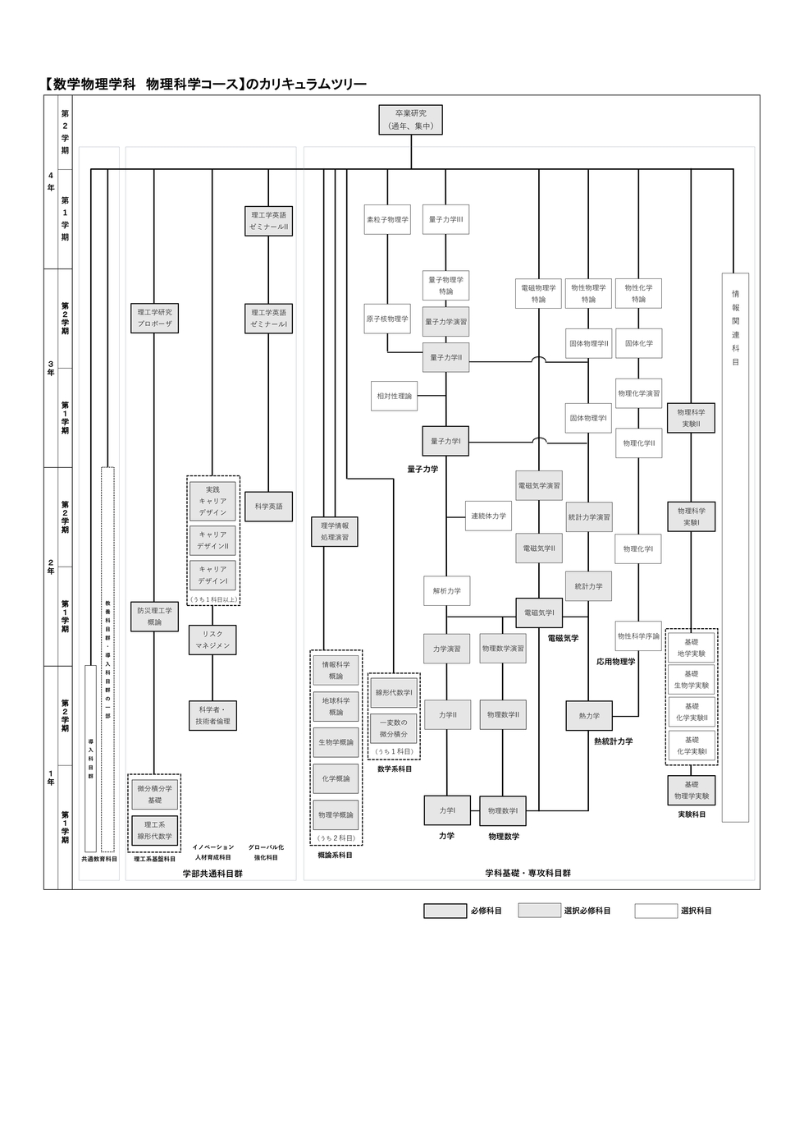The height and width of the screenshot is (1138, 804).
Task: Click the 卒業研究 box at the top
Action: pos(410,120)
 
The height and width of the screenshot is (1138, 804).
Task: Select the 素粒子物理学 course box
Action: pos(387,220)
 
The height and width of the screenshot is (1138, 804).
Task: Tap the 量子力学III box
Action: pos(445,220)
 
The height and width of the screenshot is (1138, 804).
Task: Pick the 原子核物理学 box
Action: pos(387,319)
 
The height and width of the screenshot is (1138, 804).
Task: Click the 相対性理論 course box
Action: pos(395,396)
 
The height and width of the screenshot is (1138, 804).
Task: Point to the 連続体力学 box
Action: pos(488,516)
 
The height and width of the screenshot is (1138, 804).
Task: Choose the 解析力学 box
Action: pos(447,591)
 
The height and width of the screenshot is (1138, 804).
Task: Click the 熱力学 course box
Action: pos(589,716)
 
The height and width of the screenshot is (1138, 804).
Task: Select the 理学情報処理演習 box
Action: pos(335,531)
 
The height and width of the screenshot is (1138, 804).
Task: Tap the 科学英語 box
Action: pos(268,507)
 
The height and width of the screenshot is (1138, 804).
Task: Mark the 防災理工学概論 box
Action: pos(154,617)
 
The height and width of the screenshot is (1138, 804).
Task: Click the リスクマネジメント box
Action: pos(212,640)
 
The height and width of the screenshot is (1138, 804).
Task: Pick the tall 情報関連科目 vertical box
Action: pos(735,546)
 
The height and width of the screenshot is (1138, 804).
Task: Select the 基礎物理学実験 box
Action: pos(691,791)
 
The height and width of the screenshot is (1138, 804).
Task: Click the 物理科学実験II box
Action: pos(691,418)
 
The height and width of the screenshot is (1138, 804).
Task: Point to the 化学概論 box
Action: pos(336,778)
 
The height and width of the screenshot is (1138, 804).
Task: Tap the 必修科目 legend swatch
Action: pos(445,911)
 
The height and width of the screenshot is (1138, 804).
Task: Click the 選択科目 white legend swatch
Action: pos(656,911)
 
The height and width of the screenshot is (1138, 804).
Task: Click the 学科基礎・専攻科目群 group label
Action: pos(528,874)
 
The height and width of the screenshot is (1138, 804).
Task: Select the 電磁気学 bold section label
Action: pos(563,638)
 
